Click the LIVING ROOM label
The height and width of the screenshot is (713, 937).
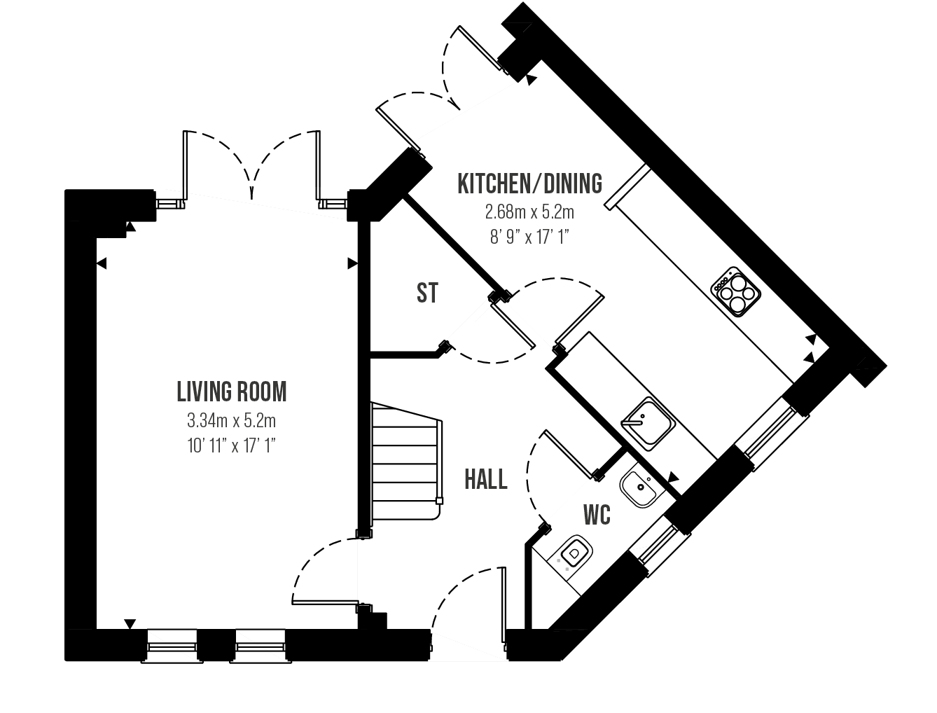click(x=232, y=392)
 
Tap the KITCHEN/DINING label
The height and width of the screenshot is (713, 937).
click(x=529, y=184)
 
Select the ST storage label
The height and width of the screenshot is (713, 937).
click(x=427, y=293)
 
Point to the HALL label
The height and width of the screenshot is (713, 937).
click(x=486, y=480)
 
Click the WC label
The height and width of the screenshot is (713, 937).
click(x=597, y=515)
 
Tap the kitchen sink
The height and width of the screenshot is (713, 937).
click(x=647, y=422)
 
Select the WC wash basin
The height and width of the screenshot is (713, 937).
click(x=638, y=486)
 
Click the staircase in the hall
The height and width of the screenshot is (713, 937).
click(x=405, y=462)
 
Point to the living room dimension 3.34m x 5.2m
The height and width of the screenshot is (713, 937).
click(x=232, y=421)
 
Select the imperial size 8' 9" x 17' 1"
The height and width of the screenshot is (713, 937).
click(x=529, y=237)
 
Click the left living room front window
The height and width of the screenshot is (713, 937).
click(x=172, y=645)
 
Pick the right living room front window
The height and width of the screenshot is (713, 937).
click(x=260, y=645)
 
